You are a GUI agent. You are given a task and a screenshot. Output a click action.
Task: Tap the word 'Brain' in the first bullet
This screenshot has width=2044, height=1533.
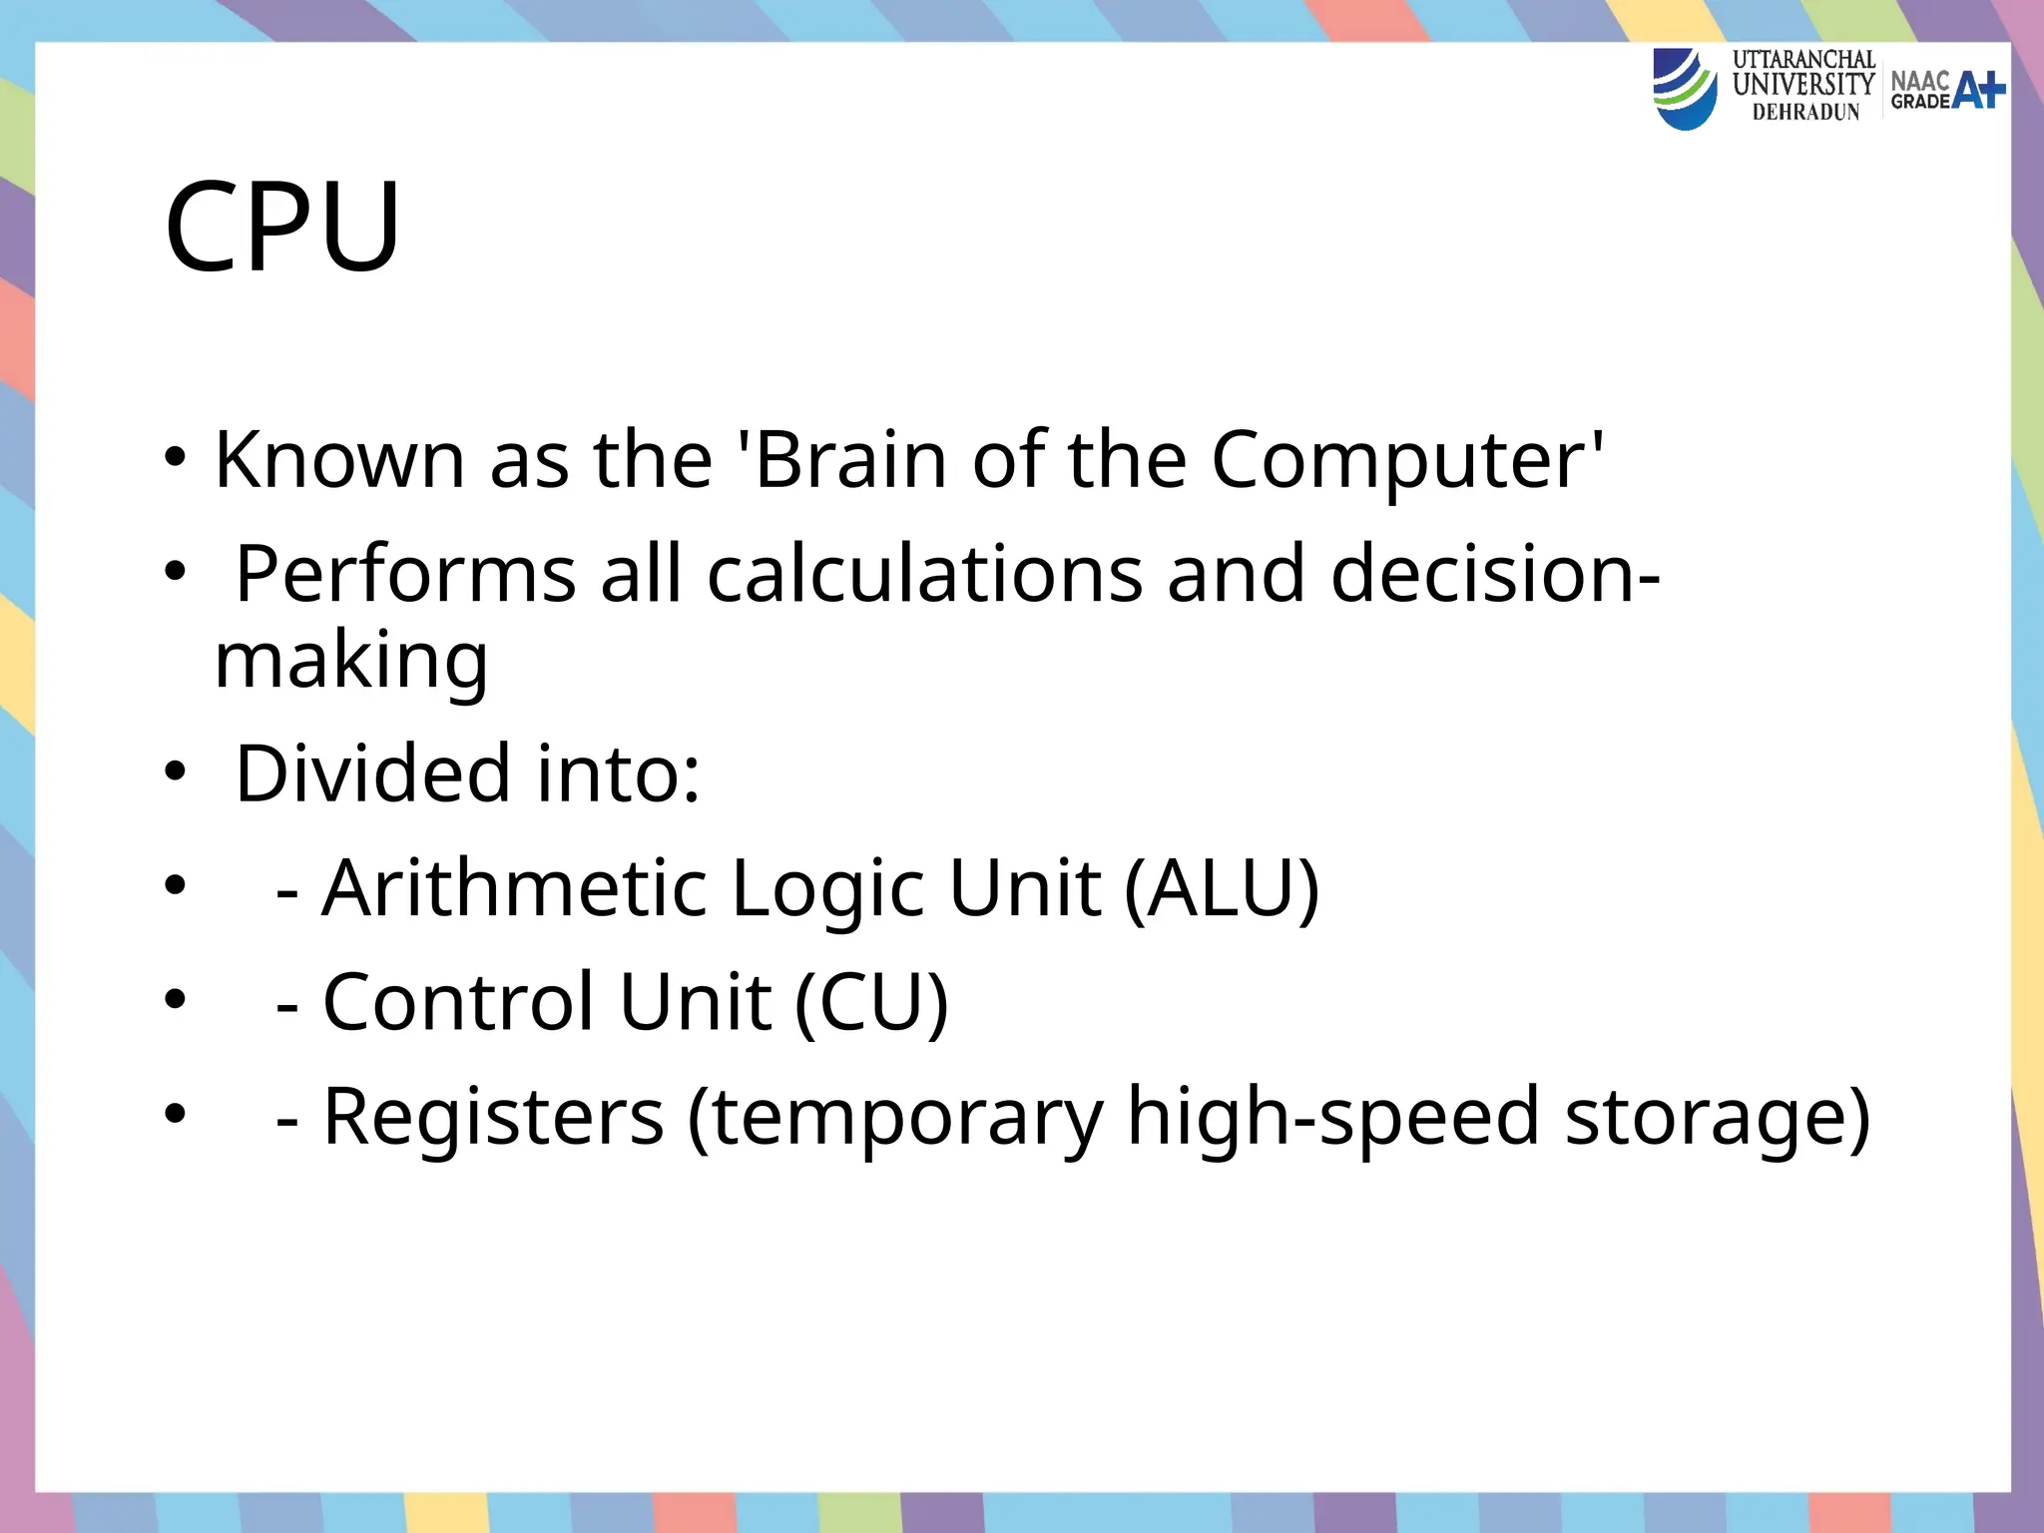(850, 460)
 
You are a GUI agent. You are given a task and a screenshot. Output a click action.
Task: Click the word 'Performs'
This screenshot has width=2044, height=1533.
(405, 574)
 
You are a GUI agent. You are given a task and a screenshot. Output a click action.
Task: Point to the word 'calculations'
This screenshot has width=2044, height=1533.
(924, 574)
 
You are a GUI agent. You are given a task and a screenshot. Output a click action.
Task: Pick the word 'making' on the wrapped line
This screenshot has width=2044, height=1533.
(351, 661)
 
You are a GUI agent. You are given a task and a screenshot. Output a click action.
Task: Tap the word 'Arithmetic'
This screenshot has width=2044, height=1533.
(514, 887)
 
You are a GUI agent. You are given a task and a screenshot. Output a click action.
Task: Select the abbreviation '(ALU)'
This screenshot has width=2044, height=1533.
(1222, 887)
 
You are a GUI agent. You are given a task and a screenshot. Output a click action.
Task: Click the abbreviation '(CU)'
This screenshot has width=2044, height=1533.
(871, 1001)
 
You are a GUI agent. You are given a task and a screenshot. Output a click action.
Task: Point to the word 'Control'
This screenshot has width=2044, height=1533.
(458, 1001)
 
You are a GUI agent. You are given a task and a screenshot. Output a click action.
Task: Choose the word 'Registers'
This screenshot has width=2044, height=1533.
(493, 1116)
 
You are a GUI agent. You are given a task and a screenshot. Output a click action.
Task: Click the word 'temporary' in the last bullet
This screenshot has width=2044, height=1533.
(895, 1116)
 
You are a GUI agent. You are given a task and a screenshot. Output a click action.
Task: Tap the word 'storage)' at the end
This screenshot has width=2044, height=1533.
(1717, 1116)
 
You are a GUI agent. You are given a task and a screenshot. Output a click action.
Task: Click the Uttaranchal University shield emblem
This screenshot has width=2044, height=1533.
(1684, 90)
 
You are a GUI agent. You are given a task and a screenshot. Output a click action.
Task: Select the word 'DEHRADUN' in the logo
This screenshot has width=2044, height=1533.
(1805, 113)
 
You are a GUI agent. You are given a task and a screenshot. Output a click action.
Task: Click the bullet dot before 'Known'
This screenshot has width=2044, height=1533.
(176, 460)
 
